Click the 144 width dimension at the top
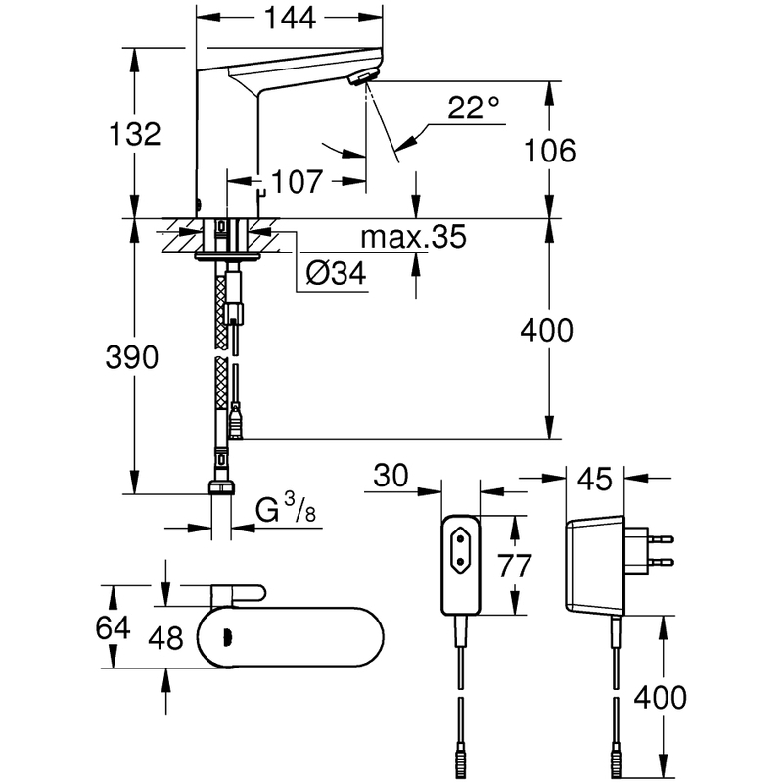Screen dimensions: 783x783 (290, 19)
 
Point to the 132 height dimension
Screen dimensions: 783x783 (135, 134)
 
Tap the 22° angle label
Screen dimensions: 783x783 (473, 108)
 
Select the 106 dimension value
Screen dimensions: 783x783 (549, 151)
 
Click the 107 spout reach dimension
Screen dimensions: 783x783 (298, 181)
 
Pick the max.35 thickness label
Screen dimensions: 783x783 (413, 237)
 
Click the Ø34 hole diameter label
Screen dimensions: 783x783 (336, 273)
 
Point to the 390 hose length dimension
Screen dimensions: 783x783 (132, 357)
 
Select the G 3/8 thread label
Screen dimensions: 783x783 (286, 508)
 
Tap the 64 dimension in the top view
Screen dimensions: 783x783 (113, 627)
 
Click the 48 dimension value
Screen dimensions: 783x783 (165, 638)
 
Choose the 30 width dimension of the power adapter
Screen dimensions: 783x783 (391, 475)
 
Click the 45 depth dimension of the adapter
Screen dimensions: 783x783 (595, 479)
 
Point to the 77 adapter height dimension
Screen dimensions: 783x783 (515, 567)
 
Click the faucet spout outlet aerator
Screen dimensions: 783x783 (362, 78)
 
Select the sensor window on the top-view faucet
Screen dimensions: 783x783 (226, 636)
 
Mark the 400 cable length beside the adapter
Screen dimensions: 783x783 (660, 698)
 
